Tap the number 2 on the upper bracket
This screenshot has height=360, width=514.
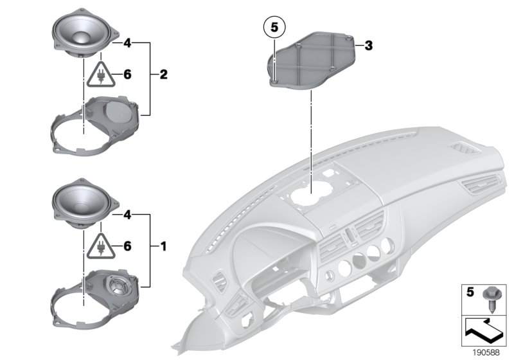coord(163,75)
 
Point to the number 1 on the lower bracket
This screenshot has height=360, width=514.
coord(163,246)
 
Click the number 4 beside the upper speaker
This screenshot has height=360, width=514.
coord(127,43)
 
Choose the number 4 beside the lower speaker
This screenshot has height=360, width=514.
coord(127,214)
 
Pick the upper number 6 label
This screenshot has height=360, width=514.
coord(127,75)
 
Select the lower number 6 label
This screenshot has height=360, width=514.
coord(127,246)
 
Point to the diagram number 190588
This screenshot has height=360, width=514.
coord(486,351)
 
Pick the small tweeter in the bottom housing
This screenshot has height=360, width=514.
coord(118,282)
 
